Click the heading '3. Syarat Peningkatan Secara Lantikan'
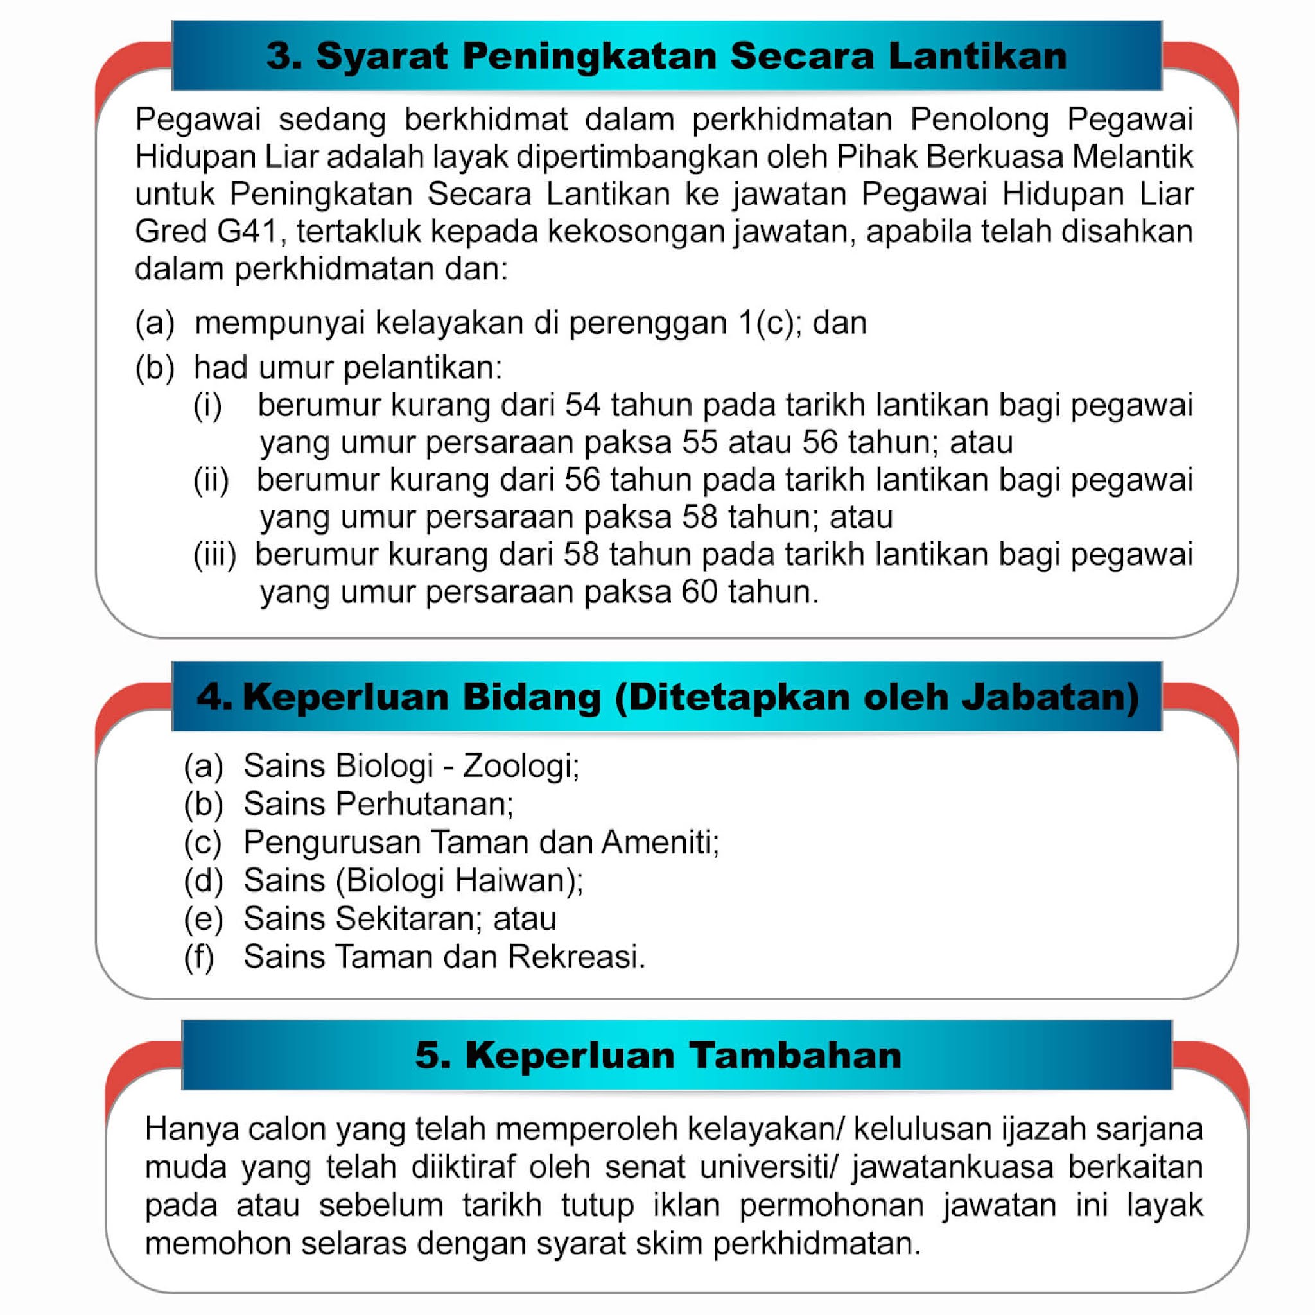[666, 56]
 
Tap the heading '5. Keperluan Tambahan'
[657, 1055]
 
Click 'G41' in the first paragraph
[247, 231]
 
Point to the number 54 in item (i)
[582, 405]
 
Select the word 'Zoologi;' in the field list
[521, 766]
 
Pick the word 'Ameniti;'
[659, 842]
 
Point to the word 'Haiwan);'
[519, 880]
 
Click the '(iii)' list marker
[215, 555]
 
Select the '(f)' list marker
[200, 956]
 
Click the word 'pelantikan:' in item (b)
[422, 368]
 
